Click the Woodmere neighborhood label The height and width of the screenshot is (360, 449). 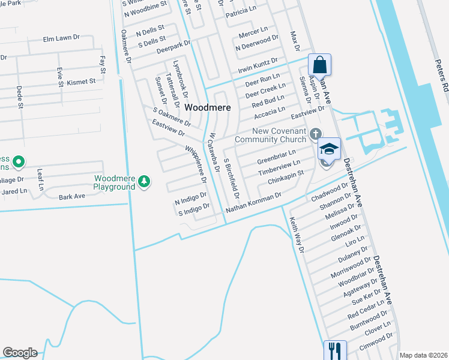207,107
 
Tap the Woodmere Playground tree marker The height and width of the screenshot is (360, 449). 143,181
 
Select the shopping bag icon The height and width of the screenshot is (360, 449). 320,64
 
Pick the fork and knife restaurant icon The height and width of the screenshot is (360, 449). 335,350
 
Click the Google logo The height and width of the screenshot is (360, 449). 20,353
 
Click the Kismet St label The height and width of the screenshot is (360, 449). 82,82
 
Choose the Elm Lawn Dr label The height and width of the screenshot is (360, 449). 61,38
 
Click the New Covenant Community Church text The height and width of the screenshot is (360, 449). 270,136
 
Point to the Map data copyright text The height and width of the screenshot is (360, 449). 423,355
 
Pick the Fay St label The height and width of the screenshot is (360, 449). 103,65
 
